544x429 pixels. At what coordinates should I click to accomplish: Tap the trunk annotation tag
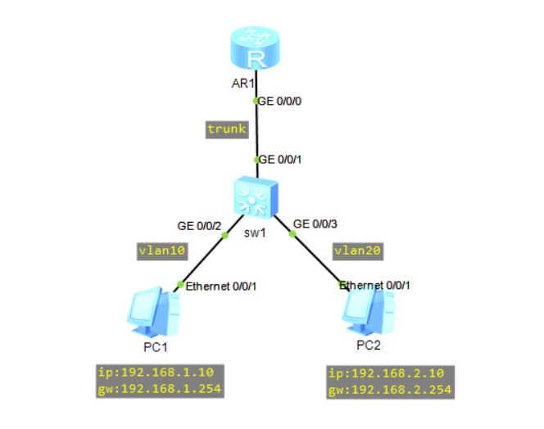(226, 129)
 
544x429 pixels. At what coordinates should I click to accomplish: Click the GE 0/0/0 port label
(281, 102)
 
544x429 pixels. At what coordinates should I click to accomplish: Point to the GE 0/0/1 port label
(282, 160)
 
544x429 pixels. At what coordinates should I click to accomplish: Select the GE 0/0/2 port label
(200, 225)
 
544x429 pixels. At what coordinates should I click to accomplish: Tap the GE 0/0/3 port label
(315, 224)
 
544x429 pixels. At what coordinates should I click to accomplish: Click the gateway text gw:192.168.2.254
(390, 390)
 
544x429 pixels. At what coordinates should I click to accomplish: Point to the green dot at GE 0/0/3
(292, 233)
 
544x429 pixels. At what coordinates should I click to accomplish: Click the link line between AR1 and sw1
(257, 131)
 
